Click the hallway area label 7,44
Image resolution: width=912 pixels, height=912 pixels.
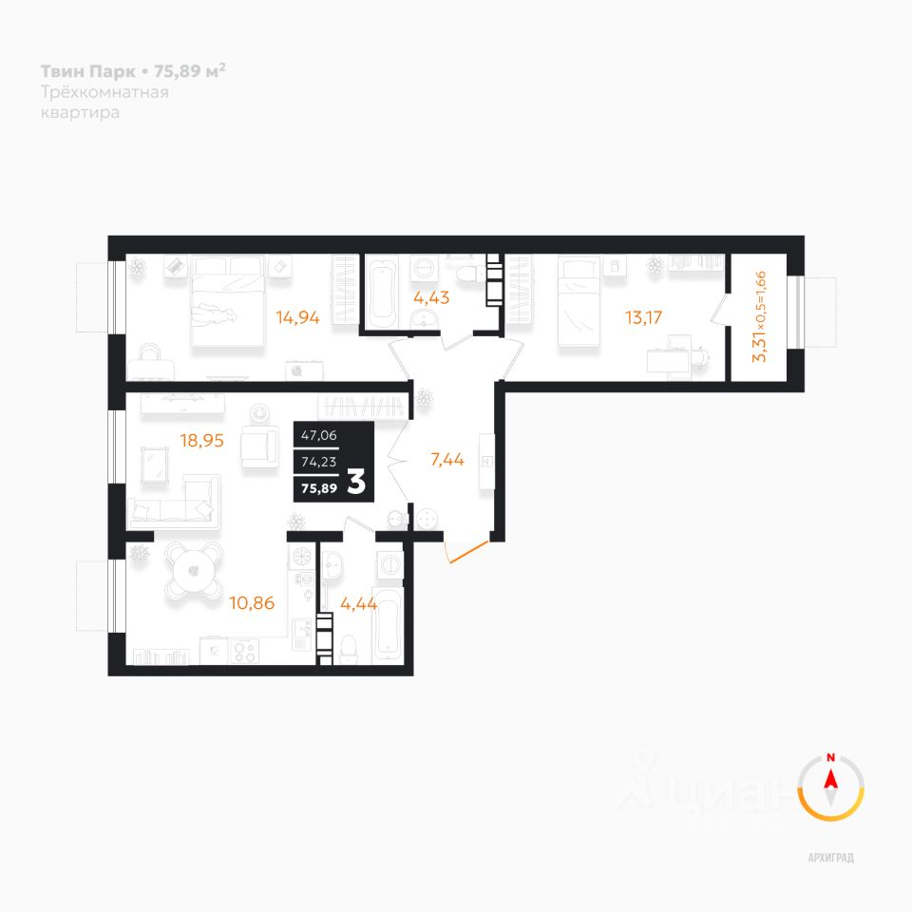tap(446, 461)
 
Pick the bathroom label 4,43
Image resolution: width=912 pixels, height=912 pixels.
tap(430, 295)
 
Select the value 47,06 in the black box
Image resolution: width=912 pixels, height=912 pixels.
tap(319, 436)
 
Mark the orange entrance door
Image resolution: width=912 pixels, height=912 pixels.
tap(467, 552)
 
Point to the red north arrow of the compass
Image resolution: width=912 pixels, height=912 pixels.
tap(831, 780)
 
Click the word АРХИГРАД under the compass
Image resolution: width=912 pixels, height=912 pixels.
tap(831, 858)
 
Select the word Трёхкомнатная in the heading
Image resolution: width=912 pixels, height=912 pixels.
tap(104, 92)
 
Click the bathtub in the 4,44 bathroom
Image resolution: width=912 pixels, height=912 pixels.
tap(389, 634)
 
